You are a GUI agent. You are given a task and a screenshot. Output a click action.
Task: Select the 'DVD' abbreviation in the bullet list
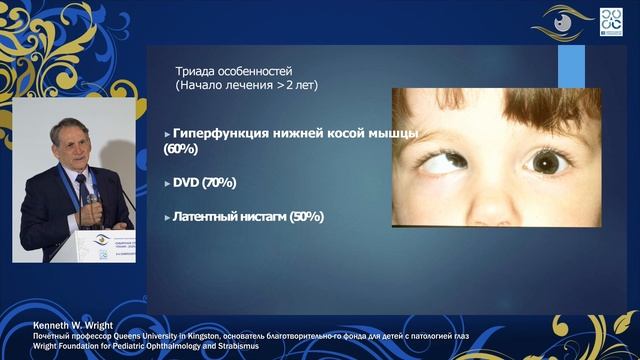point(185,182)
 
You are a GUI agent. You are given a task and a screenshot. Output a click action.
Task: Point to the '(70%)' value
point(219,182)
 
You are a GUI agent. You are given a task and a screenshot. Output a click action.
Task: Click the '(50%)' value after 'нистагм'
point(307,216)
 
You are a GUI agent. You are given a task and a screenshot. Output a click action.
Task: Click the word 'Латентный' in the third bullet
point(207,216)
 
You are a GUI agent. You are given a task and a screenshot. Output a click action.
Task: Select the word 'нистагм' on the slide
point(263,216)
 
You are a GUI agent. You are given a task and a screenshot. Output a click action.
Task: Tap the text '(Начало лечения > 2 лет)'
point(246,86)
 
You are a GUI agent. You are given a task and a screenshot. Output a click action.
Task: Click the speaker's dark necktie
point(82,190)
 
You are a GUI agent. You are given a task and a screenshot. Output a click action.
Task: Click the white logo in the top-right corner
point(611,22)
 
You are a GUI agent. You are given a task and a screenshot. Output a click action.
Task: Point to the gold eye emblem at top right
point(562,21)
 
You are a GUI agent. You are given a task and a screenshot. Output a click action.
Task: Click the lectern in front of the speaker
point(100,245)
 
